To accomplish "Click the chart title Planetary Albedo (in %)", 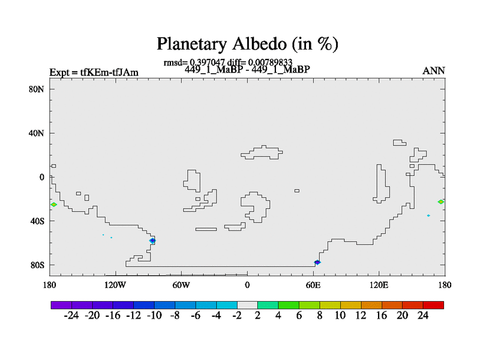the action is click(247, 44).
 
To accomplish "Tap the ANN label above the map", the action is click(433, 71).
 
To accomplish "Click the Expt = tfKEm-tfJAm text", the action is click(94, 73).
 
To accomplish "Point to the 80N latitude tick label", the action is click(37, 89).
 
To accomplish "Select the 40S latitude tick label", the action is click(37, 221).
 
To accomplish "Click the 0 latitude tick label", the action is click(41, 177).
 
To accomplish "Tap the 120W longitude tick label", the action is click(115, 286).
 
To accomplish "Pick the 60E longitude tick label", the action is click(313, 286).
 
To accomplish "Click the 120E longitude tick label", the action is click(379, 286).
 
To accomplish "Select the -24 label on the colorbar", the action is click(71, 316).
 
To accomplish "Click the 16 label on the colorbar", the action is click(382, 316).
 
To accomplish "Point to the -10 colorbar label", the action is click(154, 316).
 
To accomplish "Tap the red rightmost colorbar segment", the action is click(433, 305).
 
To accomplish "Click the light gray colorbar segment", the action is click(247, 305).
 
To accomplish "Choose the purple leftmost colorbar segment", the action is click(61, 305).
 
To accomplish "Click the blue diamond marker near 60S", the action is click(152, 241).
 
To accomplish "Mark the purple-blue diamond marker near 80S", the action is click(317, 262).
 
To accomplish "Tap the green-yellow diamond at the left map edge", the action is click(53, 205).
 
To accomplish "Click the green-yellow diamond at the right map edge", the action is click(441, 202).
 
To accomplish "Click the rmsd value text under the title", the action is click(194, 63).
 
